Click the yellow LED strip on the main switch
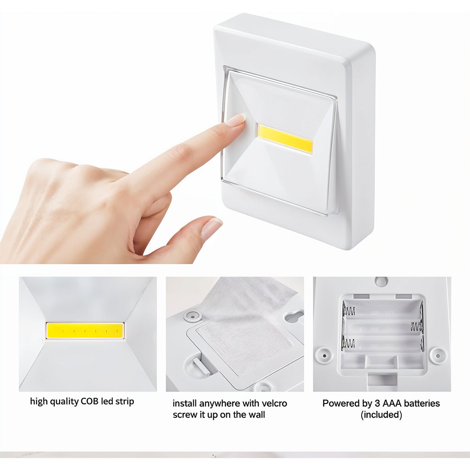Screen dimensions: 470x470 (285, 139)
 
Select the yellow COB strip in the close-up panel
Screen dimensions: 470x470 (85, 331)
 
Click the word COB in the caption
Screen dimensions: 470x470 (90, 401)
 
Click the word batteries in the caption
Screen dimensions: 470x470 (422, 403)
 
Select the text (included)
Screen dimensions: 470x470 (381, 415)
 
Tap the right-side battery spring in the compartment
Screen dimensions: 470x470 (417, 326)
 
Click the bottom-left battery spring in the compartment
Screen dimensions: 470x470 (348, 343)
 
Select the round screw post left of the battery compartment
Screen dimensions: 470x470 (325, 356)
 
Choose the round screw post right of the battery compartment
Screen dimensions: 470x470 (437, 356)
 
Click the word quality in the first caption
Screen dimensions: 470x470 (63, 402)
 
